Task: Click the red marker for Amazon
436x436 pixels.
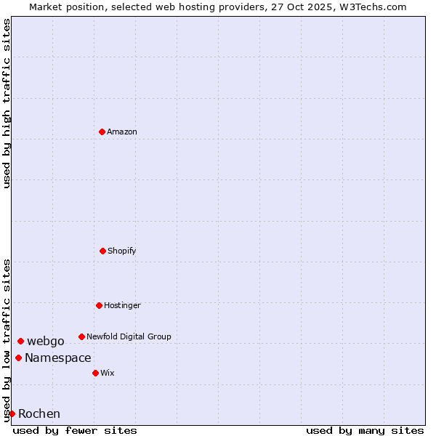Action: (102, 132)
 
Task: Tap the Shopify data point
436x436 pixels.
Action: (102, 251)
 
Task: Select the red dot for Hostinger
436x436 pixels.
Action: (99, 305)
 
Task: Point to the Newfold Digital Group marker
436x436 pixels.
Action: (81, 336)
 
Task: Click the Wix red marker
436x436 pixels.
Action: (95, 373)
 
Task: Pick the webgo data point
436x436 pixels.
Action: (20, 341)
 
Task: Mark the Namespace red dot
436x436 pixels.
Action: (18, 358)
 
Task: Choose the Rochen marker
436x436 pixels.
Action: (12, 413)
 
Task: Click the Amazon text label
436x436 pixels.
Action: (122, 132)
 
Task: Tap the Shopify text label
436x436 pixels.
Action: (122, 251)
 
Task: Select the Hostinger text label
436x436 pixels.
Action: (122, 305)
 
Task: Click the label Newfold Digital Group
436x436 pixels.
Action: (129, 336)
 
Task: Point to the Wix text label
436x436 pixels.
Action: (108, 373)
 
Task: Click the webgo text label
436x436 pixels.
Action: (46, 342)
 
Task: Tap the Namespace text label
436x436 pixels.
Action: (58, 358)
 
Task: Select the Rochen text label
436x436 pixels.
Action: (39, 414)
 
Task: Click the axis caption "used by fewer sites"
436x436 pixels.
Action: (75, 430)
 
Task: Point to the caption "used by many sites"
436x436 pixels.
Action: (365, 430)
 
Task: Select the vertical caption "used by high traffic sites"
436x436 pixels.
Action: (7, 103)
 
